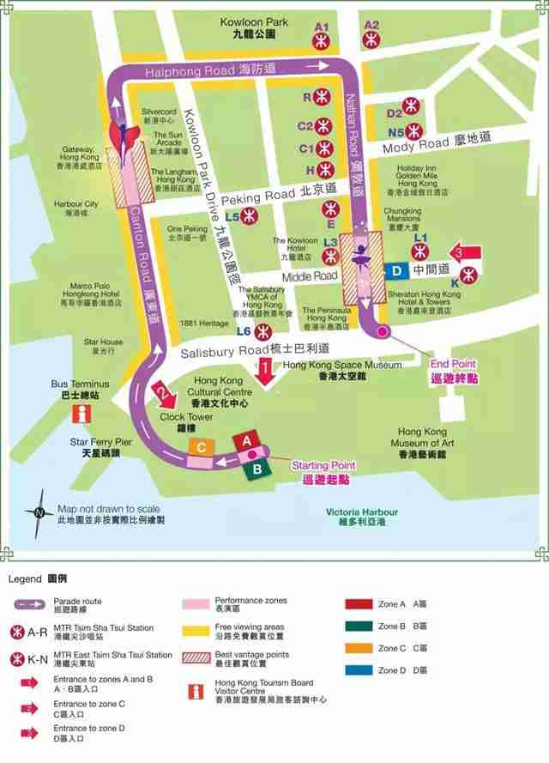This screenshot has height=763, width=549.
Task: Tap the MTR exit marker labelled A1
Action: click(322, 39)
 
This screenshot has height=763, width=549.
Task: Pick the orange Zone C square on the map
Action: click(201, 447)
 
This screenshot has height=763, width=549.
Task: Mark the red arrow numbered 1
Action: click(266, 372)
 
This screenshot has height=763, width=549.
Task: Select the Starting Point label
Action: click(323, 471)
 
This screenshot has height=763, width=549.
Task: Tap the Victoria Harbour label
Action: click(363, 516)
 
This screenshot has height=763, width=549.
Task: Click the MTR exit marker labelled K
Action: click(467, 275)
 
